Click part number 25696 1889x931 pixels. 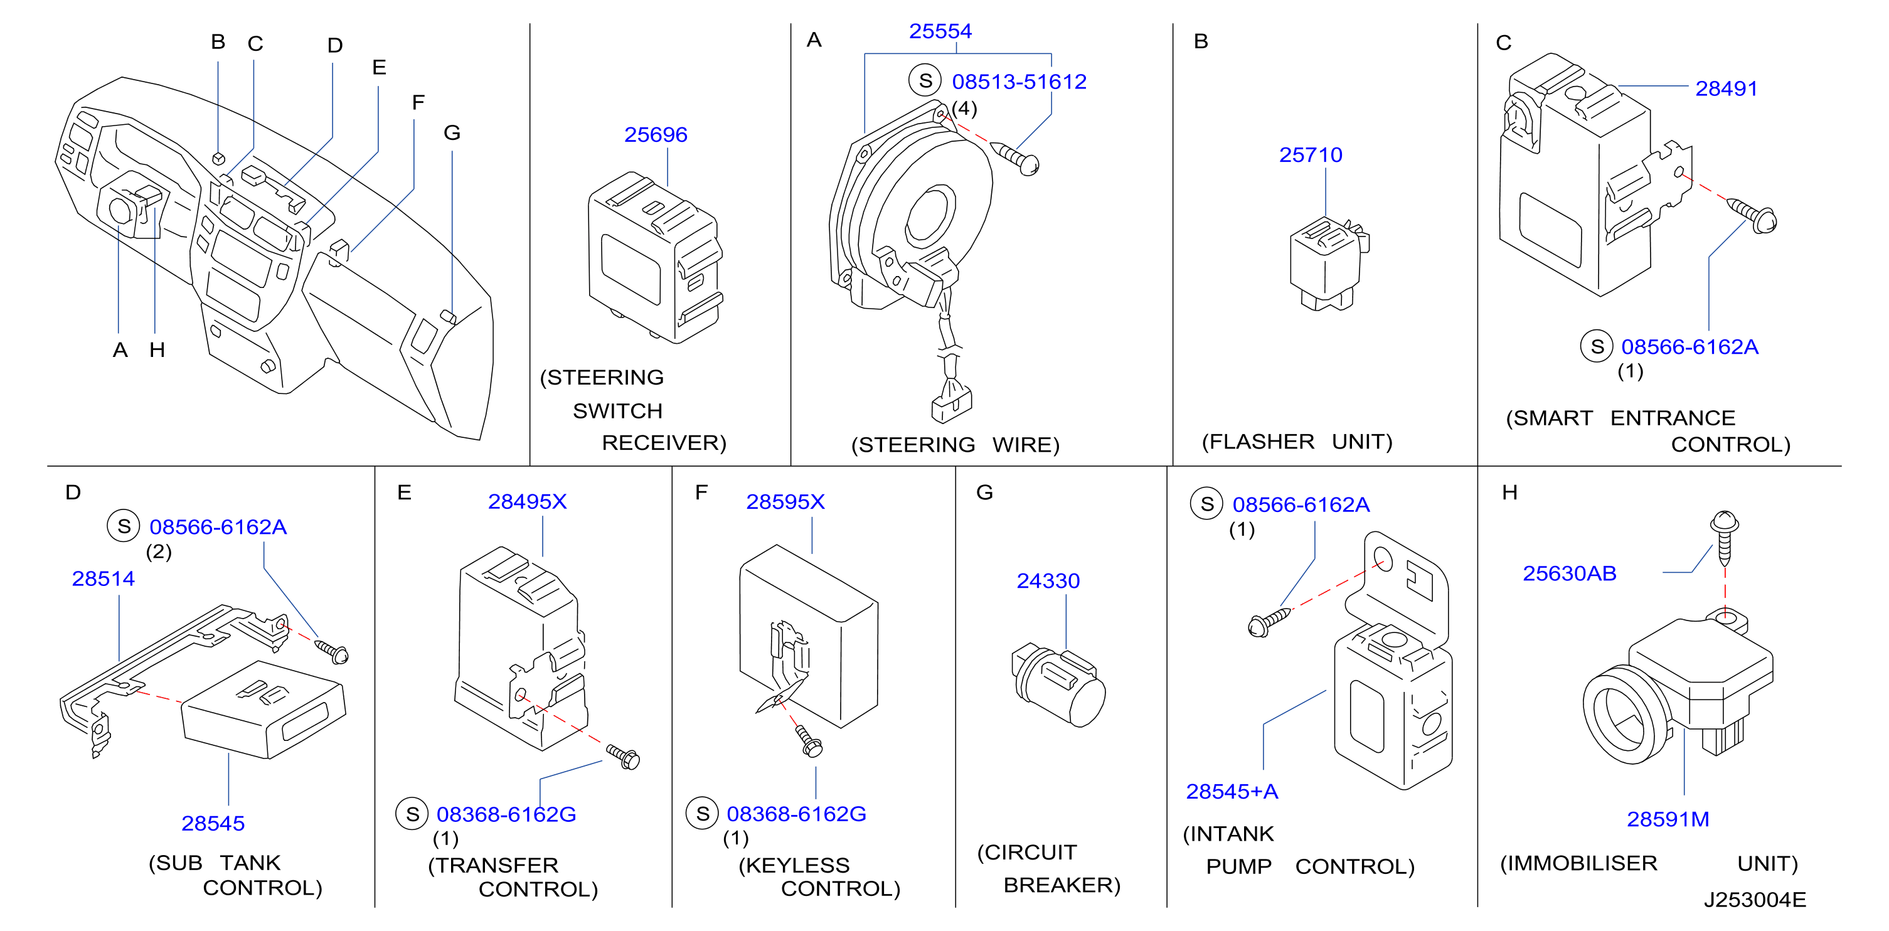[x=656, y=135]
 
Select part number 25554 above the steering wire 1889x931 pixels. [x=940, y=31]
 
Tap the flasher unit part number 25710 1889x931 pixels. [x=1311, y=156]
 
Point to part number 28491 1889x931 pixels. [x=1727, y=88]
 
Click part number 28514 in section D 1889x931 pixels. [x=104, y=579]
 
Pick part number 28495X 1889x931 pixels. [x=527, y=502]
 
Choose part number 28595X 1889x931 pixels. [x=785, y=502]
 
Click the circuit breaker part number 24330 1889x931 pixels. [x=1048, y=582]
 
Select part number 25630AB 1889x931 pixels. [x=1569, y=574]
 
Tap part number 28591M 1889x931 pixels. [x=1668, y=819]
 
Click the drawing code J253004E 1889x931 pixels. [x=1754, y=900]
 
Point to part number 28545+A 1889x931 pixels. [x=1232, y=792]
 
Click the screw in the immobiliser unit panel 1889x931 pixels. [x=1724, y=538]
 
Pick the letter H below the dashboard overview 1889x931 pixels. [x=157, y=351]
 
